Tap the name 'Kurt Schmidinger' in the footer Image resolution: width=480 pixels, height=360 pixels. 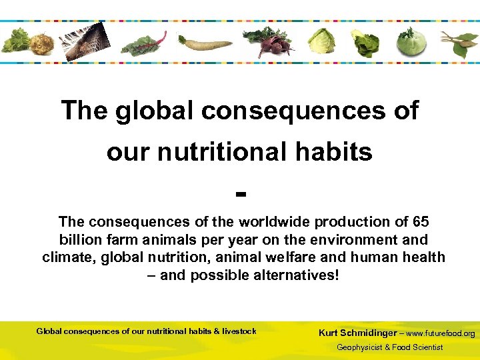[358, 333]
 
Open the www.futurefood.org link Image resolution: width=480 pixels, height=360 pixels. [441, 333]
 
